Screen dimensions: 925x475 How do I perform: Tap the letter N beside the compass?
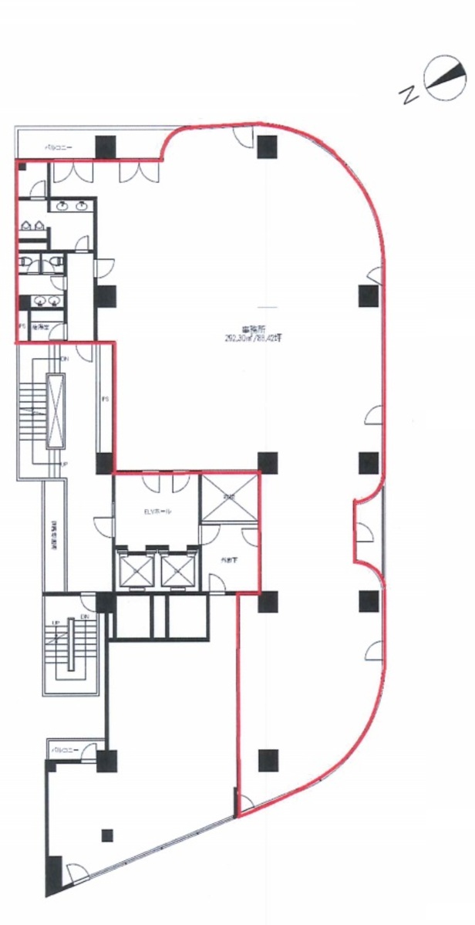[x=407, y=95]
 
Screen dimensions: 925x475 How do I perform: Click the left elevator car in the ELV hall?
[x=133, y=571]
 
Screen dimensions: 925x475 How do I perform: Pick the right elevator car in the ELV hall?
[x=178, y=571]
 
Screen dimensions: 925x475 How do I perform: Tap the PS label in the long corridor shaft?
[x=105, y=400]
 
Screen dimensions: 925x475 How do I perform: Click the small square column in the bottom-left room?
[x=107, y=835]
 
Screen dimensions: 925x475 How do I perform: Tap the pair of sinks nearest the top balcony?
[x=72, y=206]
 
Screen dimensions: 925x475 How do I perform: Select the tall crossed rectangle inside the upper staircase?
[x=56, y=410]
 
